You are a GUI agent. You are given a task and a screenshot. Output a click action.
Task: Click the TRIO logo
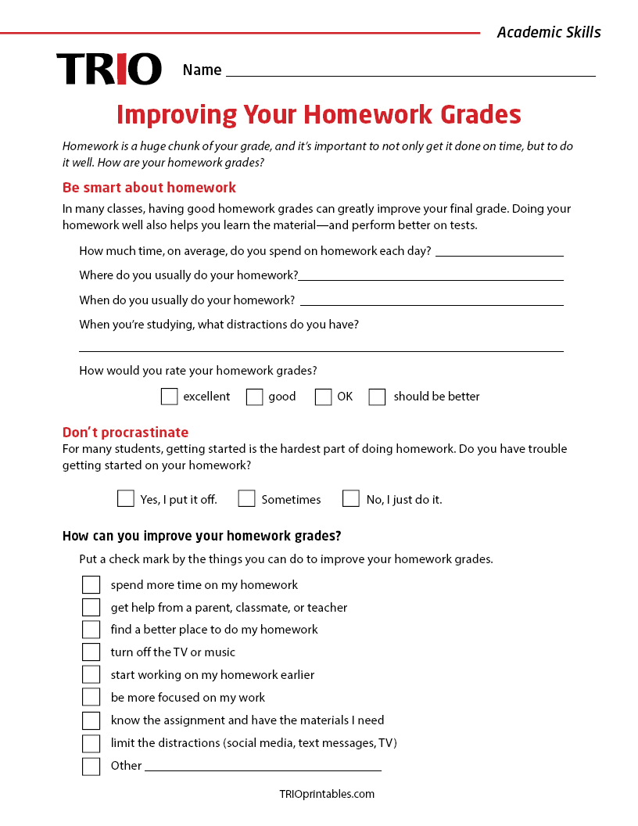point(109,69)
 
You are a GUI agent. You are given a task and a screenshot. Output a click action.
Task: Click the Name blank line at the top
point(410,72)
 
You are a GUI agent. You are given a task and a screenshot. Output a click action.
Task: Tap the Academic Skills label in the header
point(549,32)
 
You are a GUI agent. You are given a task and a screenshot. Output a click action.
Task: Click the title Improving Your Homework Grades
point(319,114)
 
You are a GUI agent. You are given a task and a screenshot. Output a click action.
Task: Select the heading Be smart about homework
point(149,188)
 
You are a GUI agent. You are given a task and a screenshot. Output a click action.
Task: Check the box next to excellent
point(169,397)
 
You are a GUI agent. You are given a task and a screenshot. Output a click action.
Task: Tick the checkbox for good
point(254,397)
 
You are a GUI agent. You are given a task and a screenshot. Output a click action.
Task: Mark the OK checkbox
point(323,397)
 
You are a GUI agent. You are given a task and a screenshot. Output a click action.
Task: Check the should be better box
point(377,397)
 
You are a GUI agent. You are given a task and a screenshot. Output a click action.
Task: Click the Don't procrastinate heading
point(125,433)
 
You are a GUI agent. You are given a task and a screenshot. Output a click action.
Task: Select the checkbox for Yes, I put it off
point(125,498)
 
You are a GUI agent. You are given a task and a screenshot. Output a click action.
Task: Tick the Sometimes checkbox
point(246,498)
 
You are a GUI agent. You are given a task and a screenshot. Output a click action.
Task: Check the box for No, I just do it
point(351,498)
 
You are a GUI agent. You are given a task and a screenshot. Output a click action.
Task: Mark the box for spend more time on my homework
point(91,585)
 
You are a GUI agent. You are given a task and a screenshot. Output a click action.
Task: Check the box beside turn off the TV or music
point(91,652)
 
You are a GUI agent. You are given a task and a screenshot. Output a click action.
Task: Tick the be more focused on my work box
point(91,697)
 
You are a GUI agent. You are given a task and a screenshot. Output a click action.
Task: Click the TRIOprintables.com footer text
point(327,794)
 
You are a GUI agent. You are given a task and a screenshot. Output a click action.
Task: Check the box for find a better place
point(91,630)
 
